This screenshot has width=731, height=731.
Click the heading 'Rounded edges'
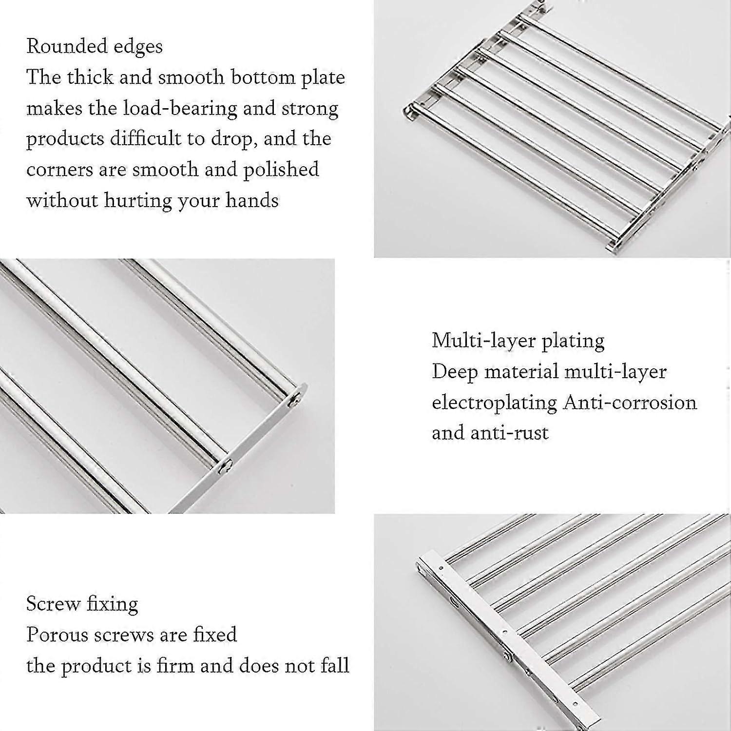[x=95, y=47]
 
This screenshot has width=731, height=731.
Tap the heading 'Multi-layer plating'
[x=518, y=341]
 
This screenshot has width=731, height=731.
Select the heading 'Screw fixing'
[x=82, y=604]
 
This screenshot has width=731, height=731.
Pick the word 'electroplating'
[x=494, y=403]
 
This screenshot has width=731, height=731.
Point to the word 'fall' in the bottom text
[x=335, y=666]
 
